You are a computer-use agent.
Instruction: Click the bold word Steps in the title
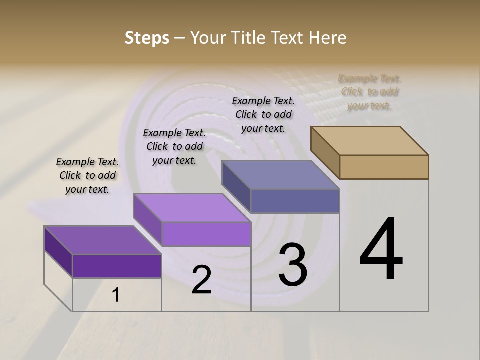click(147, 38)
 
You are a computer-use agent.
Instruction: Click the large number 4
click(381, 250)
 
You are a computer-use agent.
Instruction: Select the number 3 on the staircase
click(292, 265)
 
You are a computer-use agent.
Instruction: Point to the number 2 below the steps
click(201, 280)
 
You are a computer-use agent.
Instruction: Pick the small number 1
click(115, 295)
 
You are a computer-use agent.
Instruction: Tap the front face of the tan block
click(384, 167)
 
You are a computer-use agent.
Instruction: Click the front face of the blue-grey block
click(295, 201)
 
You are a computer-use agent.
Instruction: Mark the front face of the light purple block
click(206, 234)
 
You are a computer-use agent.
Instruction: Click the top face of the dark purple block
click(103, 240)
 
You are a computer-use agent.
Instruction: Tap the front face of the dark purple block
click(117, 266)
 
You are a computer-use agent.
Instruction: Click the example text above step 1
click(87, 175)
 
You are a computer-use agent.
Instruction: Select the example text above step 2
click(174, 146)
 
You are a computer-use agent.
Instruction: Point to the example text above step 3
click(263, 114)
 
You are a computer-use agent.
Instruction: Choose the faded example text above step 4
click(370, 92)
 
